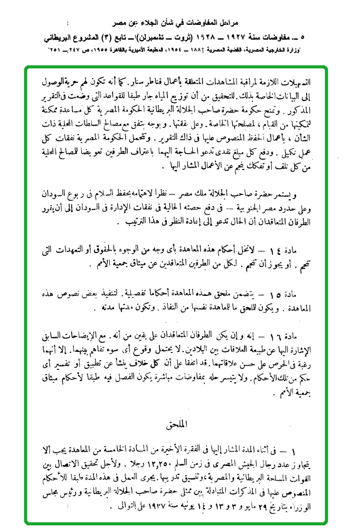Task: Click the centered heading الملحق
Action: coord(181,424)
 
